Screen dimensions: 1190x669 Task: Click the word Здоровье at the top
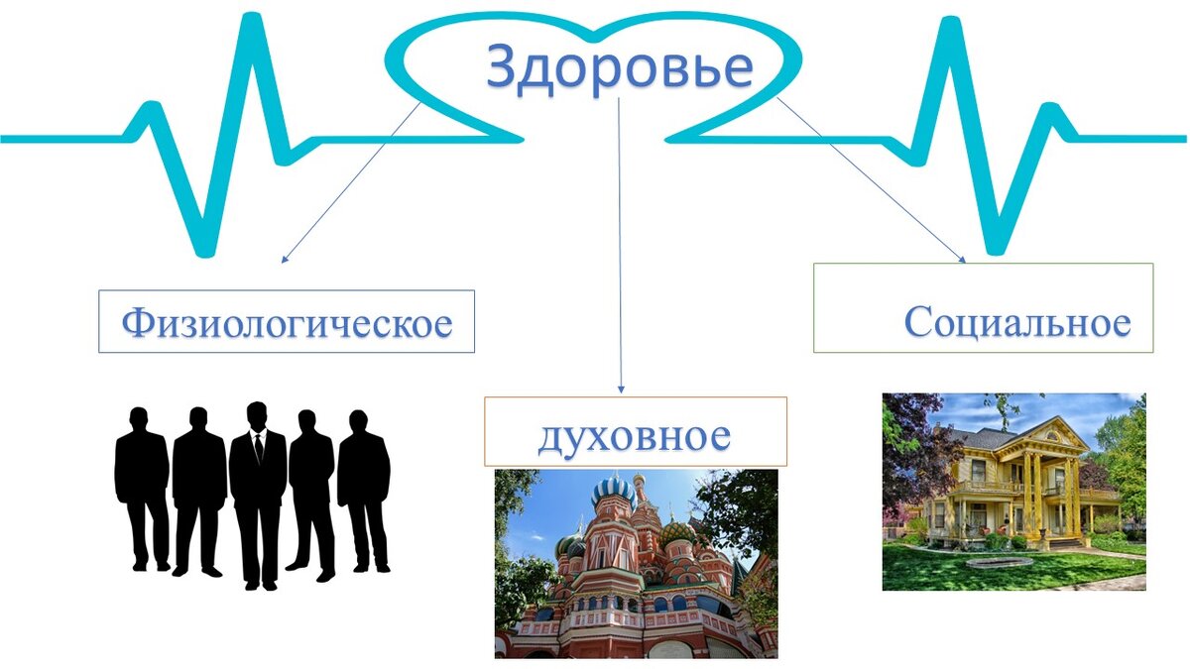pos(619,67)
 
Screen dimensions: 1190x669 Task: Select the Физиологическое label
pos(287,322)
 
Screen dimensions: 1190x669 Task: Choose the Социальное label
pos(1016,322)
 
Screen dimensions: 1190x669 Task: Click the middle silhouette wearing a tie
pos(258,491)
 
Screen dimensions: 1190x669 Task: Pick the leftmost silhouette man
pos(142,486)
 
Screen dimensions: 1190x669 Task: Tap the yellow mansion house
pos(1021,481)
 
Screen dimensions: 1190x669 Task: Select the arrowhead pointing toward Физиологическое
pos(285,260)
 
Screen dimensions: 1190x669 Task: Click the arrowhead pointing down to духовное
pos(621,389)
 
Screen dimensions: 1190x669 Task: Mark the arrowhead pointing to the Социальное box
pos(961,259)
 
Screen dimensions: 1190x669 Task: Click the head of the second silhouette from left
pos(198,417)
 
